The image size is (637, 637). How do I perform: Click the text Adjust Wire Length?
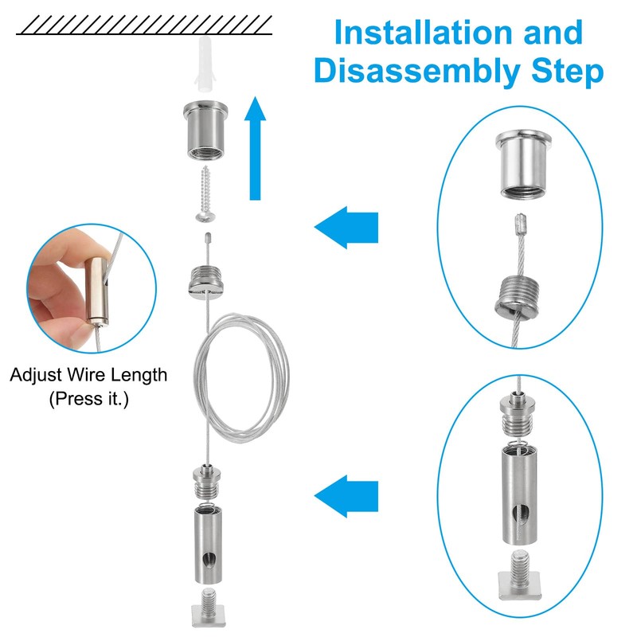tap(88, 375)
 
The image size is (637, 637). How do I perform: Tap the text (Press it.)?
tap(88, 398)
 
